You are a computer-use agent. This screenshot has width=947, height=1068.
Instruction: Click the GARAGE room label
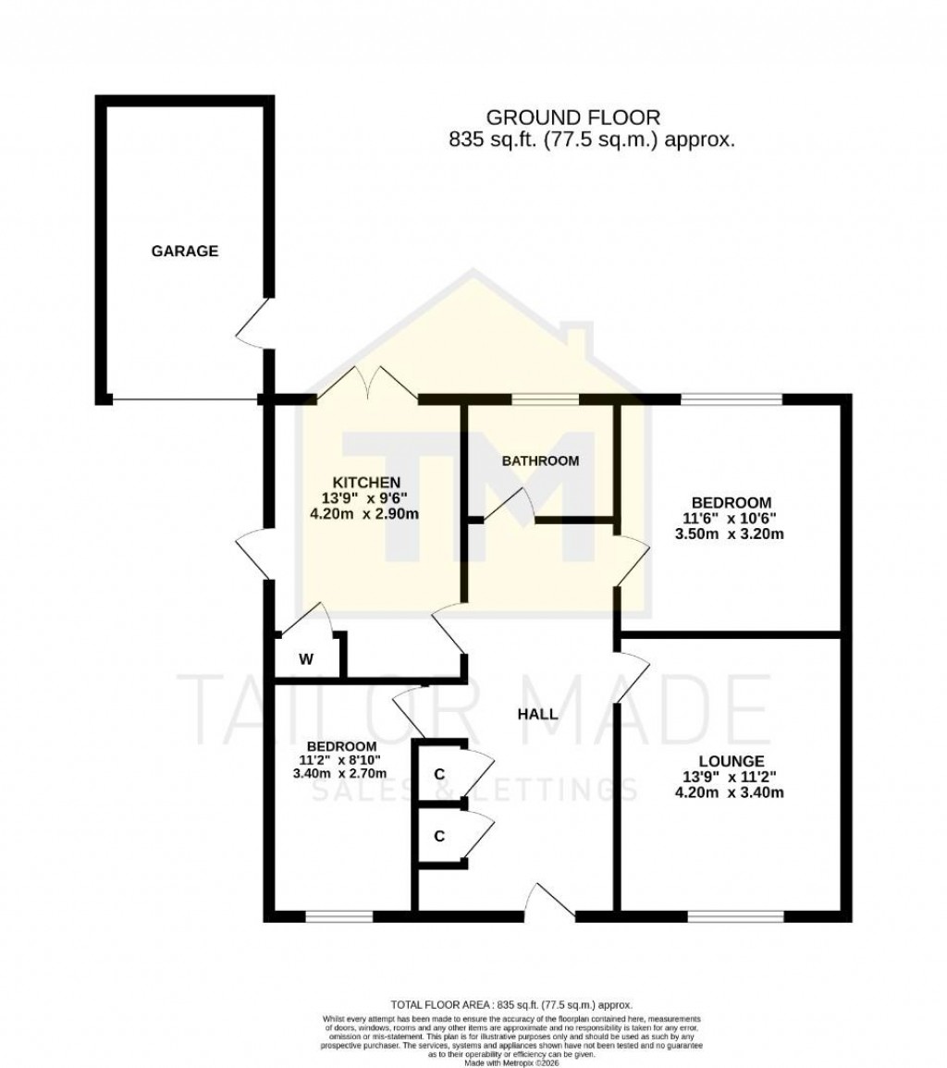coord(185,251)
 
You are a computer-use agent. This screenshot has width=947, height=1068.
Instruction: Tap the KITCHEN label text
coord(366,482)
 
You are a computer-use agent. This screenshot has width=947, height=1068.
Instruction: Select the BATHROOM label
coord(540,460)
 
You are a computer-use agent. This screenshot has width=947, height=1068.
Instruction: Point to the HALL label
coord(537,714)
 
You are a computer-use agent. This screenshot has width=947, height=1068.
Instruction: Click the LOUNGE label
coord(732,761)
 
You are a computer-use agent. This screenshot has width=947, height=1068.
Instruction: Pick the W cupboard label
coord(305,659)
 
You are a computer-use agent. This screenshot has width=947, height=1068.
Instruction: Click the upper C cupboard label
coord(440,775)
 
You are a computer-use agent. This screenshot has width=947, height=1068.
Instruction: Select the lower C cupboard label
coord(440,836)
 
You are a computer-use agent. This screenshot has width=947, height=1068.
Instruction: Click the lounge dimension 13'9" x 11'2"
coord(732,777)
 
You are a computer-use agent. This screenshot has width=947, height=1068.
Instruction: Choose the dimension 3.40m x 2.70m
coord(341,773)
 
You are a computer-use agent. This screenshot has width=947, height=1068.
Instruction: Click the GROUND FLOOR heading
coord(573,117)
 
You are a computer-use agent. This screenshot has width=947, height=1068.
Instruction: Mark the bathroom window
coord(546,399)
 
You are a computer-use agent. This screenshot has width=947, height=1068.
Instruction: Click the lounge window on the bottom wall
coord(735,916)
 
